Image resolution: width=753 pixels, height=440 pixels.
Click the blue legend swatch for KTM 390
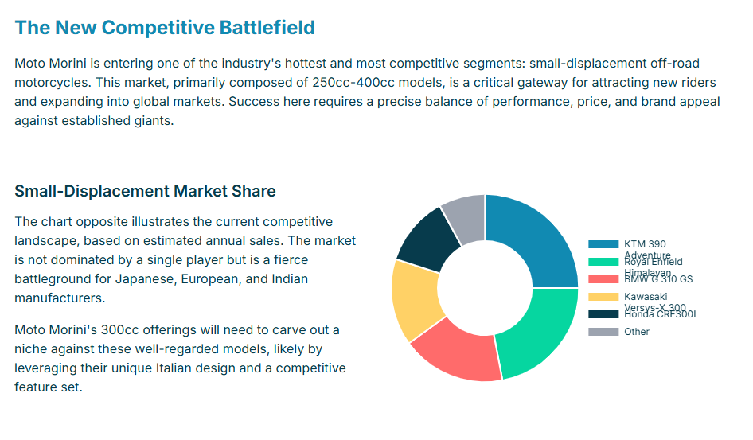coord(603,244)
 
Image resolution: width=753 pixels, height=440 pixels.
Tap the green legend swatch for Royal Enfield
coord(603,262)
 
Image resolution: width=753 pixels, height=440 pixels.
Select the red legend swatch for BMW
coord(603,279)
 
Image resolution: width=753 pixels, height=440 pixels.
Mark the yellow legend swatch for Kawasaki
coord(603,297)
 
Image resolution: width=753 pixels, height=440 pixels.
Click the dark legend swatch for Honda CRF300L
coord(603,314)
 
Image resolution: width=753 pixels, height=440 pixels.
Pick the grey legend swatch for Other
coord(603,332)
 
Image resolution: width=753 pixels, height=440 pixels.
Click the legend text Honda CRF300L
coord(661,314)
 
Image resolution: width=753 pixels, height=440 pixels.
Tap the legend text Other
coord(637,332)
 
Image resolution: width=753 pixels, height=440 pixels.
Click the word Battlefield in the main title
coord(267,28)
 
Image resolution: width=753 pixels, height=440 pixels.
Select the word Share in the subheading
coord(254,191)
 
